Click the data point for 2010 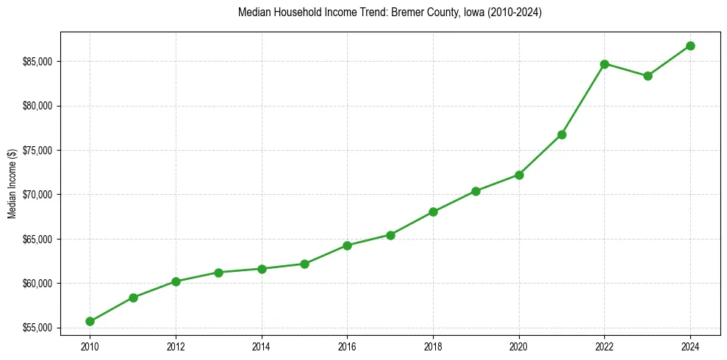90,321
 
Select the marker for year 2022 604,64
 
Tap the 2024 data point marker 690,46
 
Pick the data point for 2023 648,76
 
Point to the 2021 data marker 562,134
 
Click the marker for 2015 304,264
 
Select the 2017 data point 390,235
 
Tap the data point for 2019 476,191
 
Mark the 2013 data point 218,273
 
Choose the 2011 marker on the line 133,298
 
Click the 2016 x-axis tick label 347,345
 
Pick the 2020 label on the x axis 519,345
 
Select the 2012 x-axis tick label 176,345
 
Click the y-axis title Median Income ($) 12,184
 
